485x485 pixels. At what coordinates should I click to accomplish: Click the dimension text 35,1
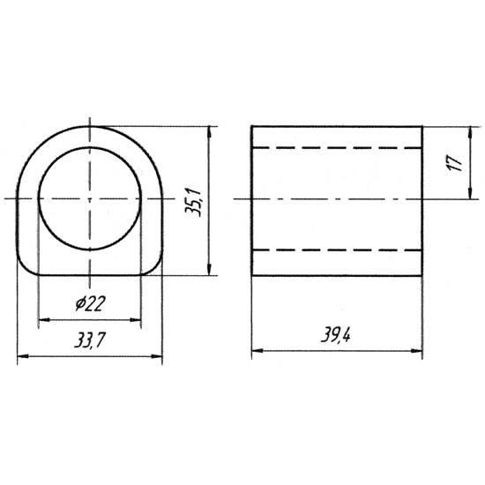point(193,202)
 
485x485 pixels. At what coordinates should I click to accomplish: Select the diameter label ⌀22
point(90,303)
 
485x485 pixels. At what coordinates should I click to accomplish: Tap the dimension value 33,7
point(90,340)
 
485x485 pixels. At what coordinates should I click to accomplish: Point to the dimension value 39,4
point(336,334)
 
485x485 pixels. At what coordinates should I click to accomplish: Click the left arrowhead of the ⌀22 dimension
point(44,320)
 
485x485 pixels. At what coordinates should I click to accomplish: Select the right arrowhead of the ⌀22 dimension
point(136,320)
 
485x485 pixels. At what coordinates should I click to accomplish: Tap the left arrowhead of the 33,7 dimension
point(23,356)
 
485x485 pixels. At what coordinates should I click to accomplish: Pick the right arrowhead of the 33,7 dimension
point(156,356)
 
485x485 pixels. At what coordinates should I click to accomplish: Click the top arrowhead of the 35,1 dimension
point(209,132)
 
